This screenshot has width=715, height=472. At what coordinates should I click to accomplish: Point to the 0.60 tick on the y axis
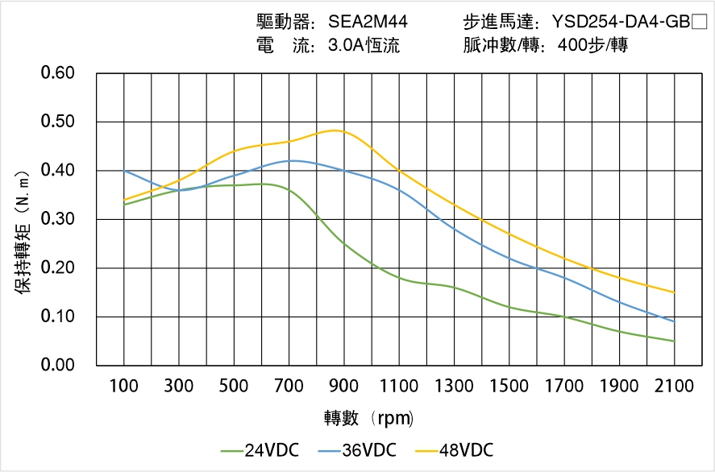57,73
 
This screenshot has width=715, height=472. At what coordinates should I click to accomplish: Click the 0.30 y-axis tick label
57,219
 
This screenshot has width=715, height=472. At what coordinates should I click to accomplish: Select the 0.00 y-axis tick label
57,365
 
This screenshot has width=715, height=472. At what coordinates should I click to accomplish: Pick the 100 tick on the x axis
124,386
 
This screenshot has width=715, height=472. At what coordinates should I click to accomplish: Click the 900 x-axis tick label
344,386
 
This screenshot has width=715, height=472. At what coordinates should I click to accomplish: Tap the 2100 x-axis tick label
674,386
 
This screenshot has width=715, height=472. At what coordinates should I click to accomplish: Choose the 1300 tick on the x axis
454,386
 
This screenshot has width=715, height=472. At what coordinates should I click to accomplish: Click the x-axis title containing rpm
369,418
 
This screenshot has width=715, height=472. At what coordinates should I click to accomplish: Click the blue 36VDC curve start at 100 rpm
124,171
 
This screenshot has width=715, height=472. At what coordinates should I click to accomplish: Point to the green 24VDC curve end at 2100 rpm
674,341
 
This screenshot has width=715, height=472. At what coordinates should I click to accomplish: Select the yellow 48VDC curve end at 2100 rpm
674,292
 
